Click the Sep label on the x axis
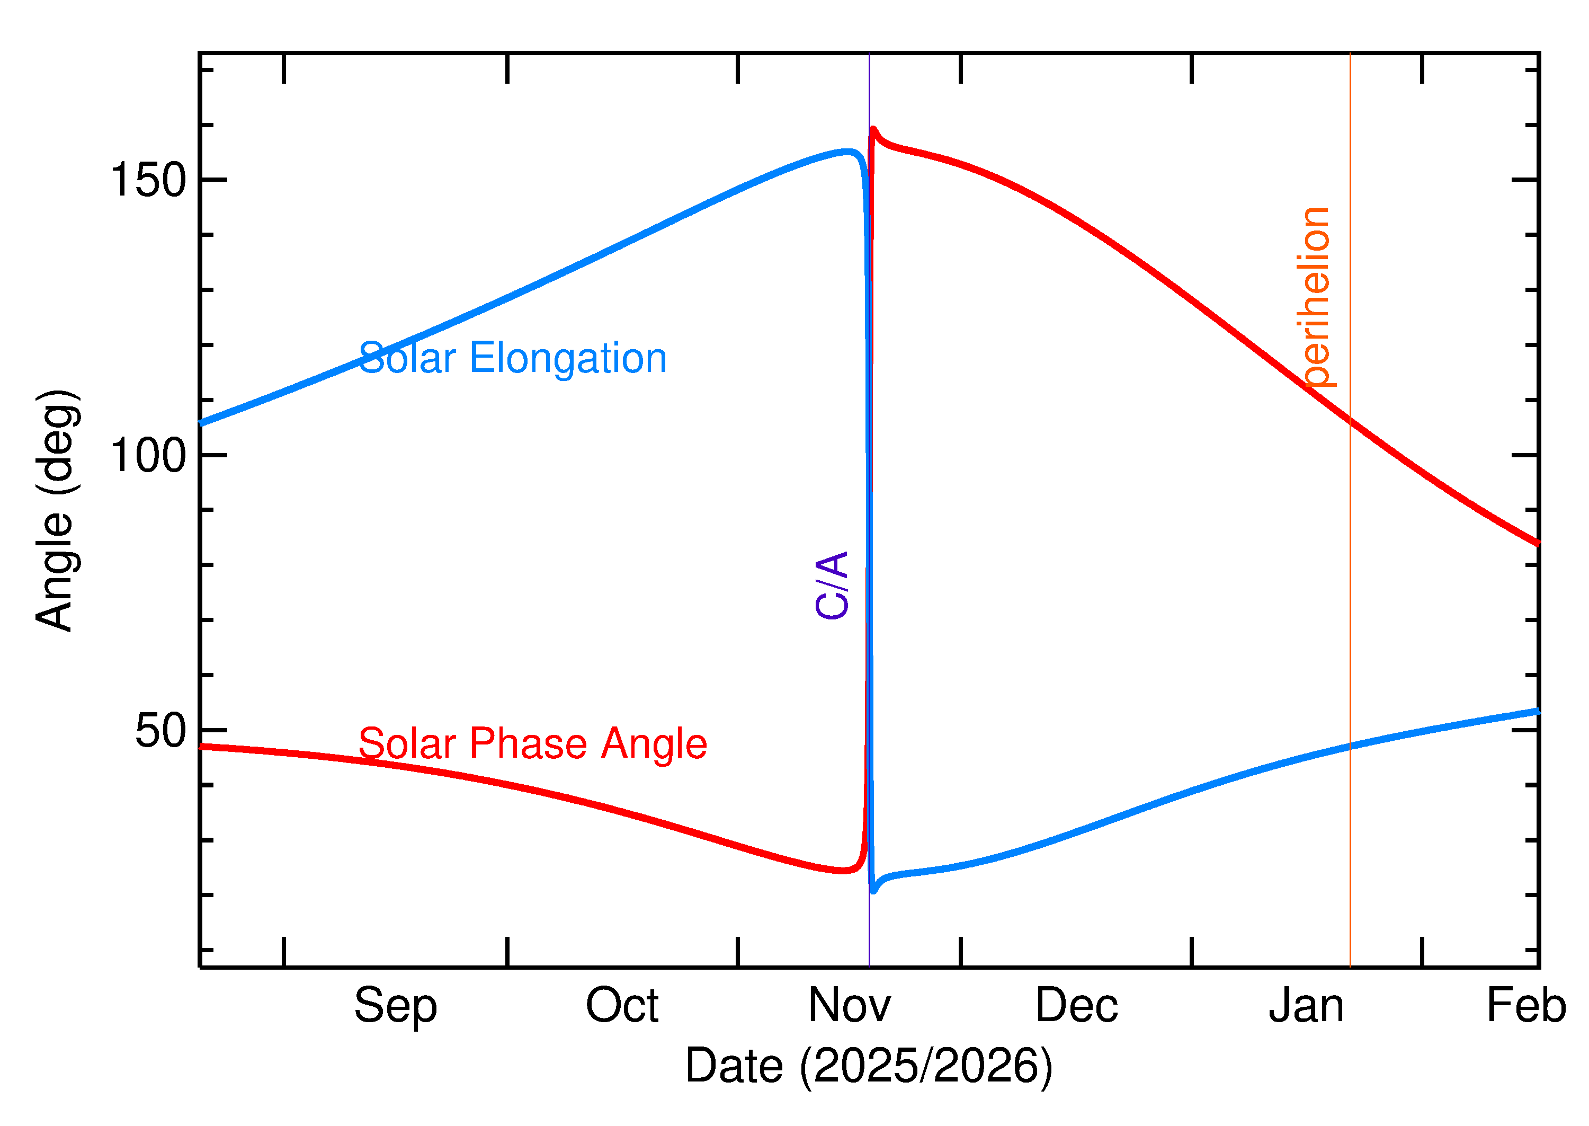[395, 1007]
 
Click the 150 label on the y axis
[148, 180]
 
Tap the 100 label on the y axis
[148, 456]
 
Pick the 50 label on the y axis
[161, 730]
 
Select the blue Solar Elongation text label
[512, 358]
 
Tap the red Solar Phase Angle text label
[532, 744]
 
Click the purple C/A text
[832, 584]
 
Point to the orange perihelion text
[1315, 297]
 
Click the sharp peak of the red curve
[873, 128]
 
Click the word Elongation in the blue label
[568, 358]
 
